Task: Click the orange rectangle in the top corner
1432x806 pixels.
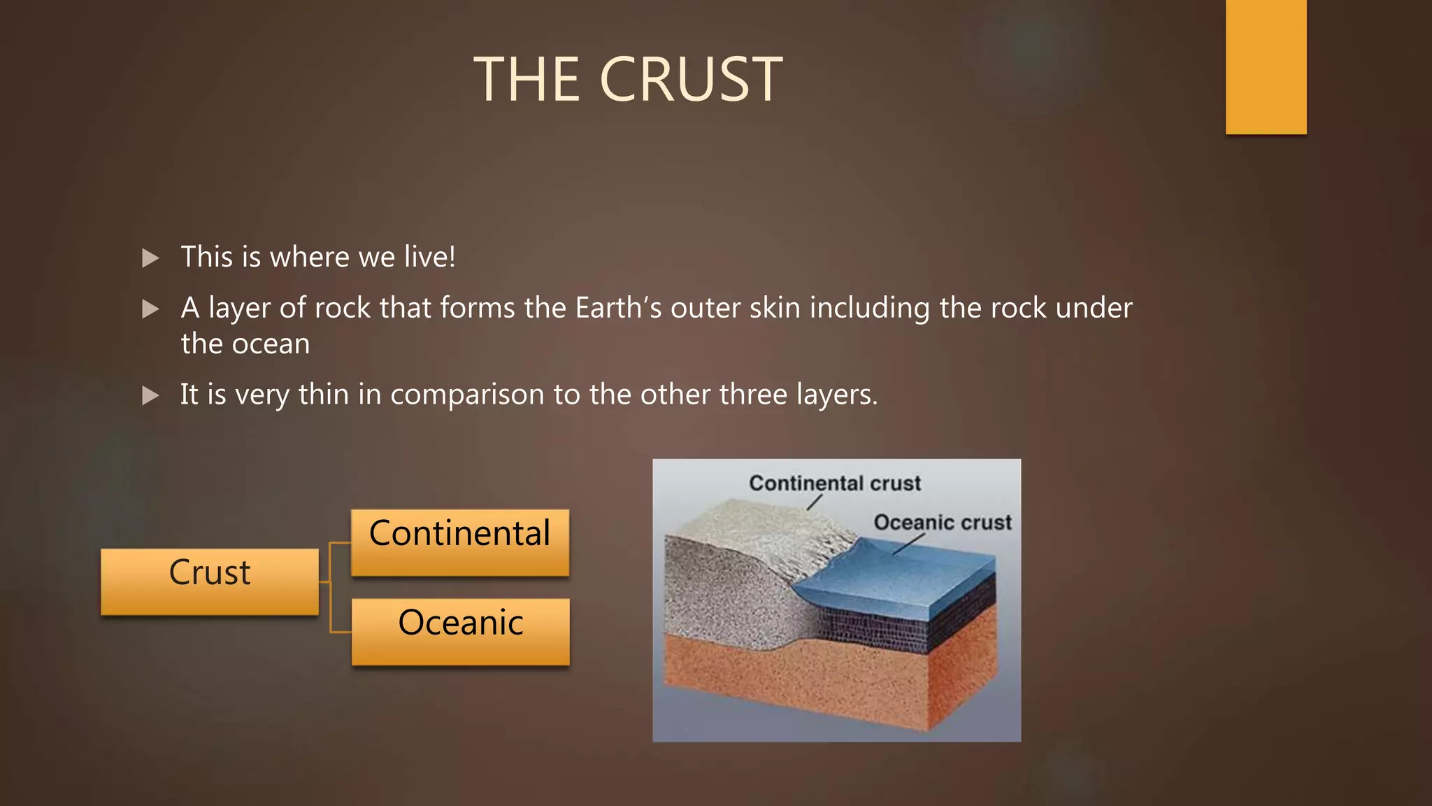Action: tap(1266, 66)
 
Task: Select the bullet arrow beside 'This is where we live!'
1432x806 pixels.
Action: tap(150, 258)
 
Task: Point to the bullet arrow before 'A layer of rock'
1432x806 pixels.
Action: tap(150, 309)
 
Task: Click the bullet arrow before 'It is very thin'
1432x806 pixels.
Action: tap(150, 395)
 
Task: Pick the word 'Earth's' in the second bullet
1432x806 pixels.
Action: tap(618, 308)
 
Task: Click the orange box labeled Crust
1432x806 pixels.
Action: tap(210, 581)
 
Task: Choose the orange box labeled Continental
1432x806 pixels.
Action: tap(460, 542)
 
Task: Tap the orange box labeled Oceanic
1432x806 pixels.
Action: tap(460, 631)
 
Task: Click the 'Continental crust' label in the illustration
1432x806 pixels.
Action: tap(835, 483)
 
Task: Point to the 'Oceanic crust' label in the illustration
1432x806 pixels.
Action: tap(943, 522)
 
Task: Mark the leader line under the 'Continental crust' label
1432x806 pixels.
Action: tap(814, 502)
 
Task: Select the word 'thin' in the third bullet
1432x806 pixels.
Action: tap(323, 395)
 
